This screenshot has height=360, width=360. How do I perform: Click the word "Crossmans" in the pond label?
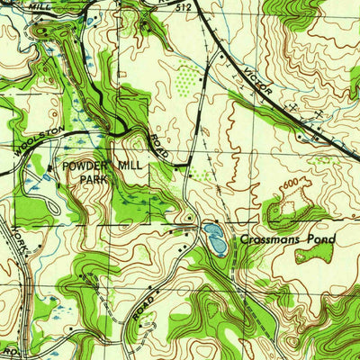click(270, 239)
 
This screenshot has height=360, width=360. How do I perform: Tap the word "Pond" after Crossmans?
click(319, 239)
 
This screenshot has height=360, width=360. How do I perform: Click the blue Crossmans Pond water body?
click(215, 238)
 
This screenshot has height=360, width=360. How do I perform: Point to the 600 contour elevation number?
click(290, 185)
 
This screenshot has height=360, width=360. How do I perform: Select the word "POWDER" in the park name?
click(85, 166)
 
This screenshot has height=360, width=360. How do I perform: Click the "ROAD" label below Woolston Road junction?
click(159, 144)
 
